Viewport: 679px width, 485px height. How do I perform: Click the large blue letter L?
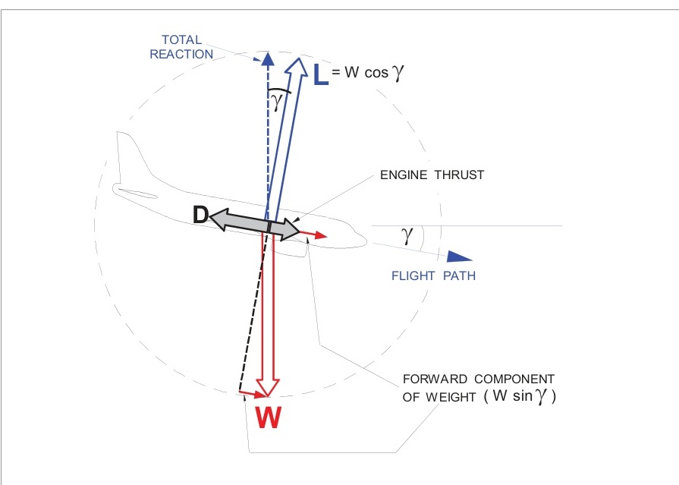click(x=321, y=73)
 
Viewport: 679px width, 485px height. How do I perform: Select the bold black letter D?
click(x=200, y=215)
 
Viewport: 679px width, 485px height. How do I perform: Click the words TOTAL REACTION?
click(x=181, y=46)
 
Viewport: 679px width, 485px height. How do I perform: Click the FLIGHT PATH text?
click(x=433, y=276)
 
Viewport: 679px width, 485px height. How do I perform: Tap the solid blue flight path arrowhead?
click(x=457, y=257)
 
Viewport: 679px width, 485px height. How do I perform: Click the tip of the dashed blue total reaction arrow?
click(x=266, y=58)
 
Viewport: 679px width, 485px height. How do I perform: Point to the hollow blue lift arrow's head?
click(x=297, y=67)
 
